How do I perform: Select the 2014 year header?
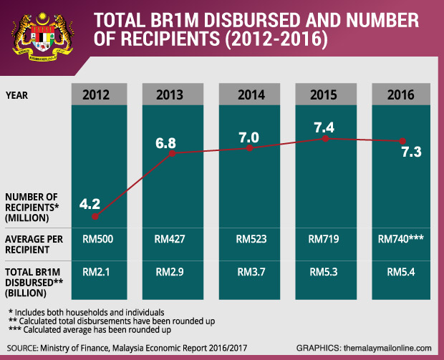click(248, 94)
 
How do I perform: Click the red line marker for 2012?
click(95, 215)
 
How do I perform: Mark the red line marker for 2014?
click(249, 148)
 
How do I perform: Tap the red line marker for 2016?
click(402, 140)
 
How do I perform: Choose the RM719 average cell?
click(325, 240)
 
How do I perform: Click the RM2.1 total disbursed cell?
click(95, 272)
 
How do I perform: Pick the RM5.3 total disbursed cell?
click(325, 272)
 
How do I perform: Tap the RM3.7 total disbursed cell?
click(248, 272)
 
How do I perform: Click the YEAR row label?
click(18, 94)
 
